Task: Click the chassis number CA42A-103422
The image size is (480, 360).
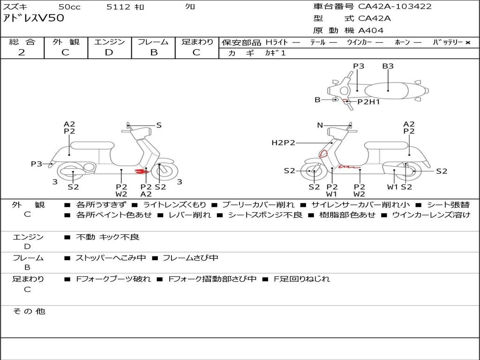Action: click(x=395, y=7)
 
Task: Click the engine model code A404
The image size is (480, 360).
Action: click(x=371, y=30)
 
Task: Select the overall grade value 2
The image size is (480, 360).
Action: click(x=22, y=52)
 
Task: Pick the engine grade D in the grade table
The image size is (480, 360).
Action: click(x=109, y=52)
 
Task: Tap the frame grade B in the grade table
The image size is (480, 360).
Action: click(x=153, y=52)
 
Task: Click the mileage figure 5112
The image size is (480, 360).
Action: click(x=119, y=7)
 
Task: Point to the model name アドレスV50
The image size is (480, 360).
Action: click(x=33, y=18)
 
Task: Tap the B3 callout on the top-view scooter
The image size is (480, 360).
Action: click(x=388, y=66)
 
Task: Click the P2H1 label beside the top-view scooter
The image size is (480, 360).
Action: click(x=368, y=101)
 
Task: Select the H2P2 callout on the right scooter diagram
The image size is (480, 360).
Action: click(x=283, y=142)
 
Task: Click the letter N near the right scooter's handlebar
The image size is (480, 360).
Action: click(x=320, y=125)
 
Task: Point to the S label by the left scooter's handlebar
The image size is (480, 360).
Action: click(x=159, y=125)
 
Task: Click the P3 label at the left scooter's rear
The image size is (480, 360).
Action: click(x=37, y=164)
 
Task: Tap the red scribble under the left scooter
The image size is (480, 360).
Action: click(x=140, y=172)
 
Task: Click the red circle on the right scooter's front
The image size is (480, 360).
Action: click(x=323, y=153)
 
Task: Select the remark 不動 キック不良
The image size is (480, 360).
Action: click(x=107, y=237)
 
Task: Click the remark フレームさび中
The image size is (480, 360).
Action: click(x=190, y=258)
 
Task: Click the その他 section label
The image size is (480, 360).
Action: click(x=29, y=311)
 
